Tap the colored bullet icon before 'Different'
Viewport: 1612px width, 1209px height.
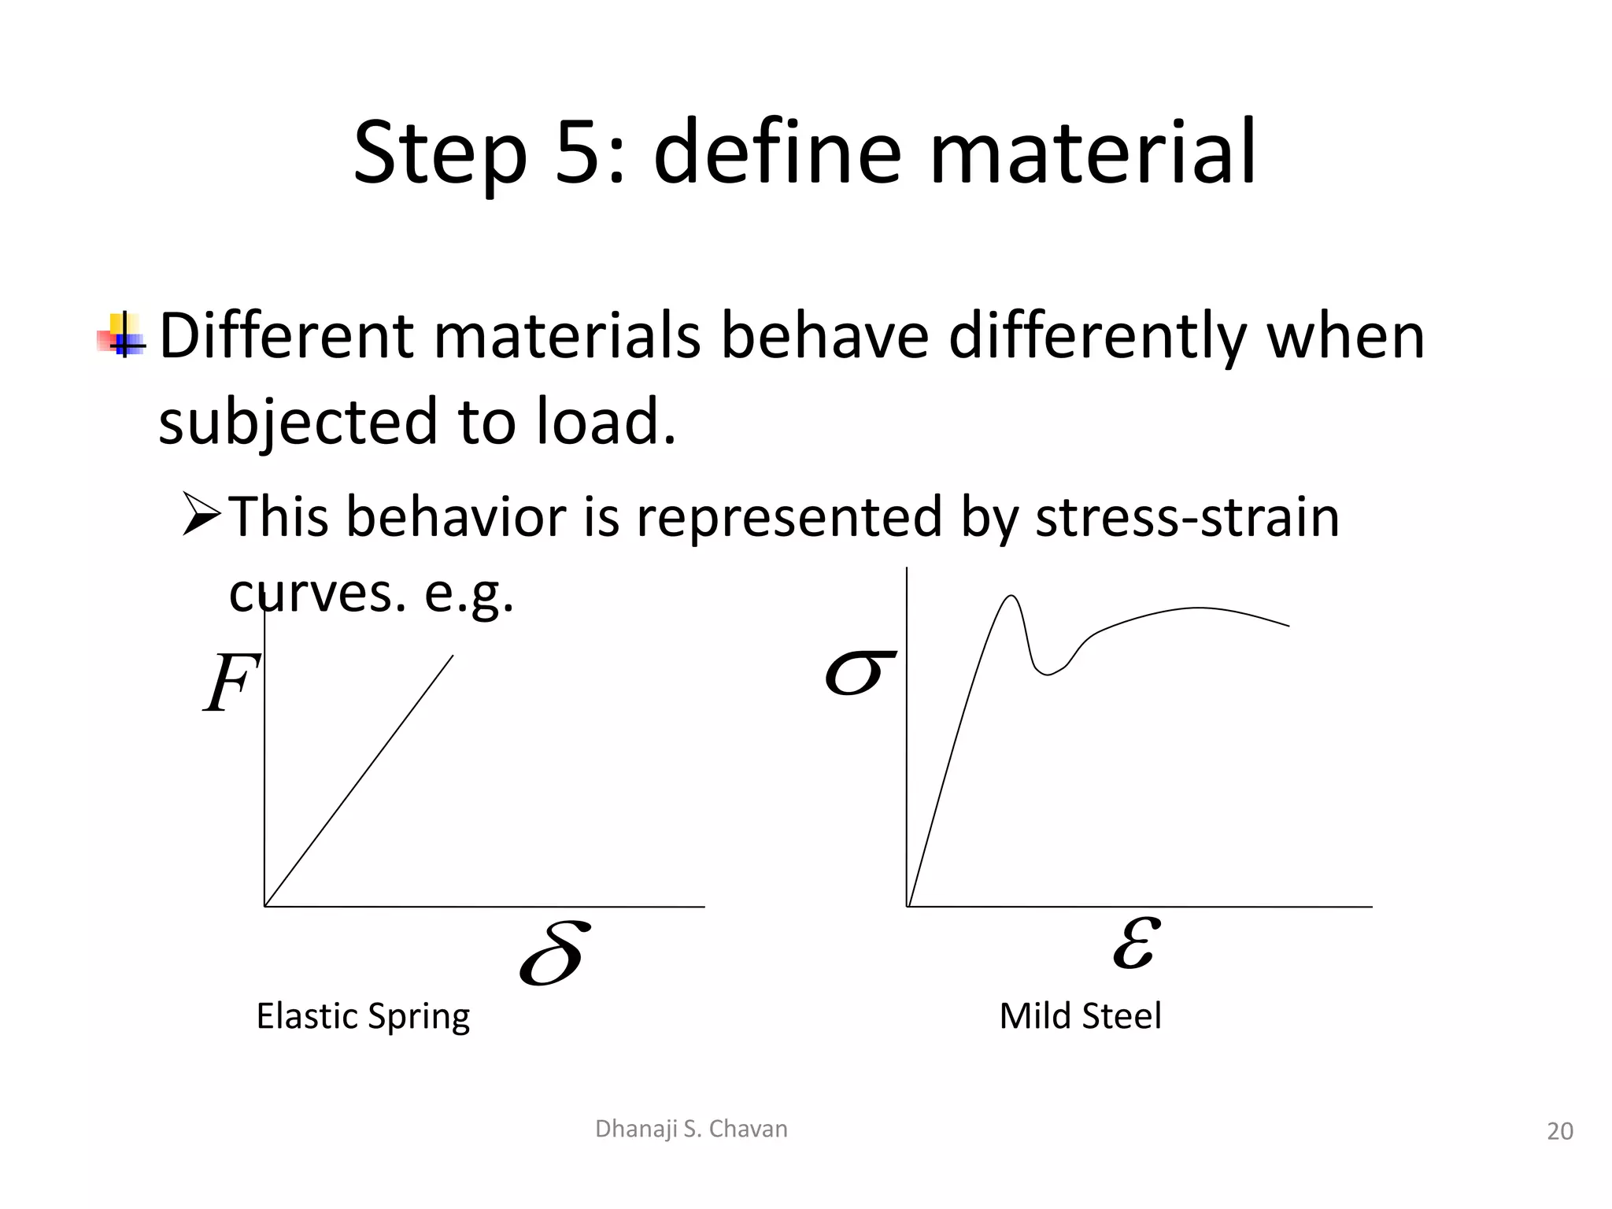(122, 335)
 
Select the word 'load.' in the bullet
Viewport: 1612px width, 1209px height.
(606, 421)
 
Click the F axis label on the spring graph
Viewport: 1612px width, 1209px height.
(231, 683)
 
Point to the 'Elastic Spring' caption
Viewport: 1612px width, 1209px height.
(363, 1016)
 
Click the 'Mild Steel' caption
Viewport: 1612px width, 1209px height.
(1080, 1016)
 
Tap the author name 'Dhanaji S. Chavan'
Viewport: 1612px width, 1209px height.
(691, 1129)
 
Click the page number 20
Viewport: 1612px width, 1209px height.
(1559, 1131)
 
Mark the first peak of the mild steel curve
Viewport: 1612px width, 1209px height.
(1010, 597)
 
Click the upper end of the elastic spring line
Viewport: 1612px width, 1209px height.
(452, 656)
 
